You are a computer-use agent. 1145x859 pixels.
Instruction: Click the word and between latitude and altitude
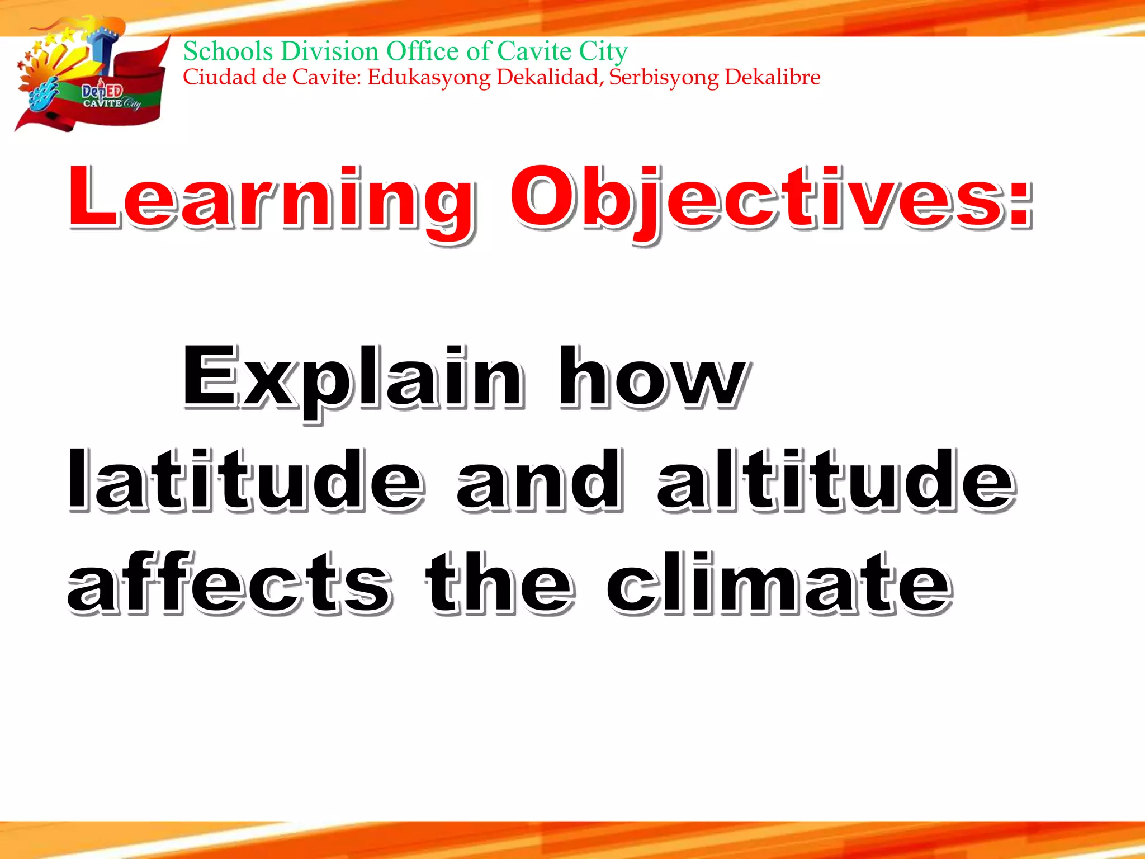point(539,481)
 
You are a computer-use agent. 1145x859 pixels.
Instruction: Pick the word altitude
point(836,481)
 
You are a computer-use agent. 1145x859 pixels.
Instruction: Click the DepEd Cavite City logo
point(92,78)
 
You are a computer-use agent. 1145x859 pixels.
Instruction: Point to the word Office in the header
point(423,51)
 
